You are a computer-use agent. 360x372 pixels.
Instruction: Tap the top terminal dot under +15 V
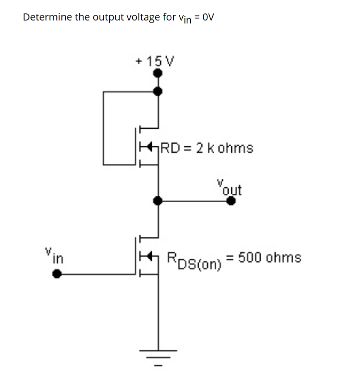click(158, 73)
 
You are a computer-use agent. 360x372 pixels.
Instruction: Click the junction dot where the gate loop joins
click(158, 91)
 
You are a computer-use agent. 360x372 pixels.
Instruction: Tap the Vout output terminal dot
click(231, 201)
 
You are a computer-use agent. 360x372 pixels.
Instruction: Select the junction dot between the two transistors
click(158, 201)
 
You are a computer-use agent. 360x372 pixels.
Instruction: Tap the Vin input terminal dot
click(58, 274)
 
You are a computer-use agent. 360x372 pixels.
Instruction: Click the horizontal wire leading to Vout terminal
click(195, 201)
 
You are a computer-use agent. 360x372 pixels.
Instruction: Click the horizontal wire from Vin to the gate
click(97, 274)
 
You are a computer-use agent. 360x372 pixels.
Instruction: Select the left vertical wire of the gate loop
click(103, 127)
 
